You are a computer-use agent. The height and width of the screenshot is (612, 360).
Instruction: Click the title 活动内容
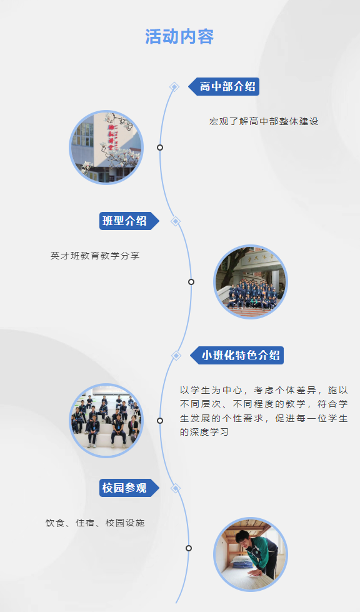click(179, 37)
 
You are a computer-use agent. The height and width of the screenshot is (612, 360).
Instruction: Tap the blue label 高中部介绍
click(224, 86)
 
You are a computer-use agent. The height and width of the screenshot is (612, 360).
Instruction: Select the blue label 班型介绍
click(129, 221)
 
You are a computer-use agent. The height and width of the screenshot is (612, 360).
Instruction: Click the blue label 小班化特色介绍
click(237, 355)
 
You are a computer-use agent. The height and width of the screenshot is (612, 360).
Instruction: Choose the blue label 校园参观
click(129, 488)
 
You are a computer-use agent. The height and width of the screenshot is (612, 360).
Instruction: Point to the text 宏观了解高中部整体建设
click(264, 121)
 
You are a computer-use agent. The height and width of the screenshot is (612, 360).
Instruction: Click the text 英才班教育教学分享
click(95, 256)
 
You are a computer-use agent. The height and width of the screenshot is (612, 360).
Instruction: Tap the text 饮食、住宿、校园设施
click(95, 523)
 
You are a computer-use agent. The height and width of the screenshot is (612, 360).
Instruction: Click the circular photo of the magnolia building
click(106, 148)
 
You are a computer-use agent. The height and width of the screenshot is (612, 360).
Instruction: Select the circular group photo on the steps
click(251, 282)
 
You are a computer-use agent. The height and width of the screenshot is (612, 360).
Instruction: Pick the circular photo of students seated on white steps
click(106, 420)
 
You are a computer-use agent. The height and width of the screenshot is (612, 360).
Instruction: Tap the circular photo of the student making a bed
click(251, 554)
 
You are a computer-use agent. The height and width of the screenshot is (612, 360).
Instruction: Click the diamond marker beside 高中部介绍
click(174, 87)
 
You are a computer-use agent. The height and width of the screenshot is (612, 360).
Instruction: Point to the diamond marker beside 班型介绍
click(176, 221)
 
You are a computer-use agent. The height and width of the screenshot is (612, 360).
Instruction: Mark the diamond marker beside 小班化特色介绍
click(176, 356)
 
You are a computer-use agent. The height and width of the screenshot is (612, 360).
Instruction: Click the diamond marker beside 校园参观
click(176, 488)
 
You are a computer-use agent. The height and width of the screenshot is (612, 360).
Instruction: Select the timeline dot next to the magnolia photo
click(160, 148)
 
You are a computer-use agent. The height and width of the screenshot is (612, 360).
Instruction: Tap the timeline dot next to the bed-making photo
click(189, 548)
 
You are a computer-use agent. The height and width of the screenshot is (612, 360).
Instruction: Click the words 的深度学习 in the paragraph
click(204, 432)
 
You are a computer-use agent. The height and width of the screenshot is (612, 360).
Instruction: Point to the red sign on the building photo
click(111, 137)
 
